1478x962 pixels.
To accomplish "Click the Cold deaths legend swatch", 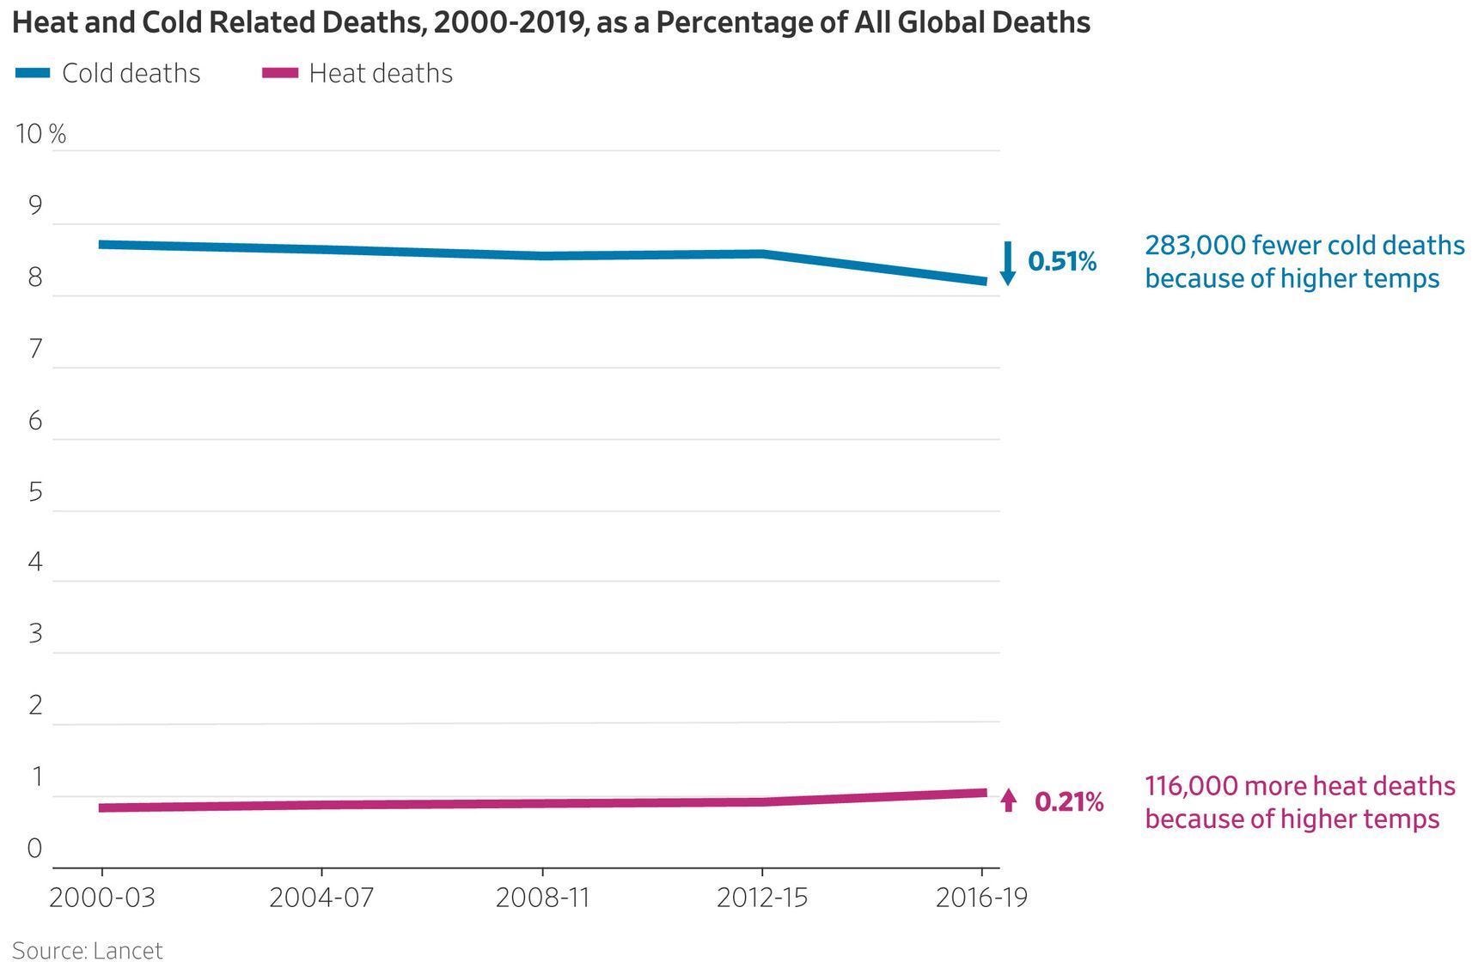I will point(33,73).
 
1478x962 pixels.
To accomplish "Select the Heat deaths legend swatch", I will point(280,73).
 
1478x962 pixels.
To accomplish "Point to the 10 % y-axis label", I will point(40,134).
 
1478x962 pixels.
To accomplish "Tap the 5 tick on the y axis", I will point(35,491).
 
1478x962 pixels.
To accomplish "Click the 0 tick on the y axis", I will point(34,848).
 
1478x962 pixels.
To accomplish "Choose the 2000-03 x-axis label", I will point(102,898).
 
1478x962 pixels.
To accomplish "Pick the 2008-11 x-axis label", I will point(542,898).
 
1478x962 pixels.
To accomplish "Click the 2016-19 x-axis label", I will point(981,898).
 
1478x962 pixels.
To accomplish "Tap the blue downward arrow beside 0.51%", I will point(1009,263).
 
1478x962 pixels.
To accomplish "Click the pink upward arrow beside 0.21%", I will point(1009,801).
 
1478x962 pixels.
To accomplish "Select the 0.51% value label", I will point(1062,261).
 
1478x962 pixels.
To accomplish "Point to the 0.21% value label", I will point(1069,801).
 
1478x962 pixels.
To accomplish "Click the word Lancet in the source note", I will point(127,950).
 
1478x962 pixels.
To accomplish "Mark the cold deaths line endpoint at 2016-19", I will point(983,282).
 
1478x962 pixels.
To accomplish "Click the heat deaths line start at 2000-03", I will point(102,807).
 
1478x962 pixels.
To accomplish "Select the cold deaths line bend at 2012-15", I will point(762,253).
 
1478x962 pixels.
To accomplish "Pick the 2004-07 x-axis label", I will point(321,898).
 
